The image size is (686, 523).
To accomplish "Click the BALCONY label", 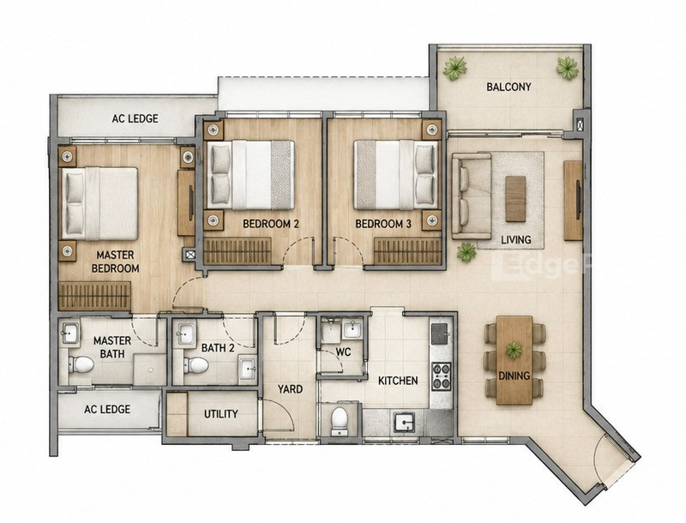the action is pyautogui.click(x=508, y=87).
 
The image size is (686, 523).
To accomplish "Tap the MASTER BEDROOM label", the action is pyautogui.click(x=116, y=261).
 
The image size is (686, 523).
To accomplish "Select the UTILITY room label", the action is pyautogui.click(x=221, y=413).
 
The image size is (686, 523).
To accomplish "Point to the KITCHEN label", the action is pyautogui.click(x=398, y=381).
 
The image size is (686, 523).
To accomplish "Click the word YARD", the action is pyautogui.click(x=290, y=388).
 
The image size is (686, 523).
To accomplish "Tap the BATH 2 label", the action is pyautogui.click(x=218, y=348).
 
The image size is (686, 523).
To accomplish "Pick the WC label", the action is pyautogui.click(x=344, y=352).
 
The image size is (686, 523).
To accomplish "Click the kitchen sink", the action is pyautogui.click(x=404, y=422).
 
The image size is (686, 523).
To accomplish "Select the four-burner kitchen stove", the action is pyautogui.click(x=441, y=376).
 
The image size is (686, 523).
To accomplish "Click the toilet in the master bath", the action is pyautogui.click(x=81, y=364).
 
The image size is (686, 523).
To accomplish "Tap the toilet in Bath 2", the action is pyautogui.click(x=196, y=365).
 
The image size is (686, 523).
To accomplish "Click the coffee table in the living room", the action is pyautogui.click(x=515, y=199).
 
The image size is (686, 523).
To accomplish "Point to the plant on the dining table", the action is pyautogui.click(x=514, y=350).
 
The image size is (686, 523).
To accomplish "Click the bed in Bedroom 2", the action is pyautogui.click(x=250, y=175).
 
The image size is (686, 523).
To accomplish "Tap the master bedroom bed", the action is pyautogui.click(x=99, y=203).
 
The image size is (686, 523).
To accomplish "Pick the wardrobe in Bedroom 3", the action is pyautogui.click(x=407, y=251).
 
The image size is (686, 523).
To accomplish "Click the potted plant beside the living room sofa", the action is pyautogui.click(x=466, y=252).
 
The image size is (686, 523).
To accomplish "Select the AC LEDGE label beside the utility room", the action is pyautogui.click(x=107, y=409).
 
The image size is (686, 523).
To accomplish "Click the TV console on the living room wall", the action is pyautogui.click(x=573, y=201).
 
